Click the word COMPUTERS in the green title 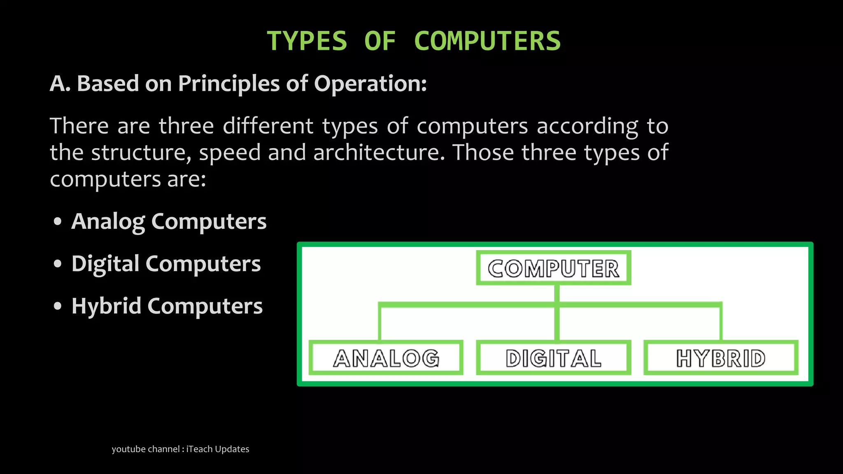click(487, 41)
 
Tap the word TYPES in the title click(307, 41)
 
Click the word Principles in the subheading click(228, 84)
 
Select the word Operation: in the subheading click(370, 84)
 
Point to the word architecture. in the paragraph click(379, 152)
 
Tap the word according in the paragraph click(587, 126)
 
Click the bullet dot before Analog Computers click(58, 221)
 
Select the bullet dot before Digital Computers click(58, 264)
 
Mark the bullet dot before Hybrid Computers click(58, 306)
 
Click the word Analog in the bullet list click(108, 221)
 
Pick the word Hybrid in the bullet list click(106, 306)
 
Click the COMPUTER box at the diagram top click(553, 268)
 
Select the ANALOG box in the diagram click(386, 358)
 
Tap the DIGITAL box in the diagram click(553, 358)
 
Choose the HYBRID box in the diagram click(721, 358)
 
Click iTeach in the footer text click(199, 449)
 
